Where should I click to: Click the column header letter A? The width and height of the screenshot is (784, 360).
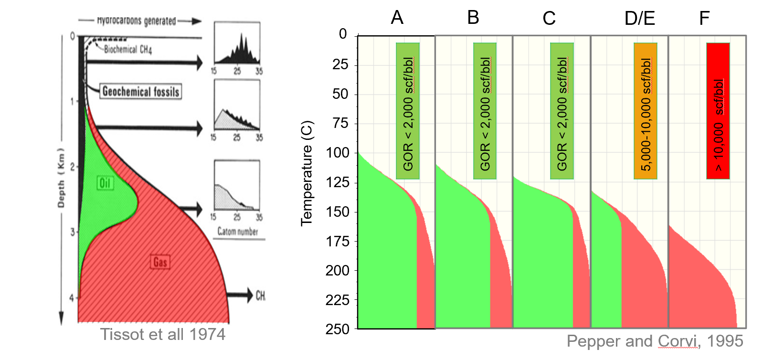(397, 18)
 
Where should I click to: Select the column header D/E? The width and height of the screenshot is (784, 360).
(639, 18)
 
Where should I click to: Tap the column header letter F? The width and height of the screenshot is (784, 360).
(704, 18)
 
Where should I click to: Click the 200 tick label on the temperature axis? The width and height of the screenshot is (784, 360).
(338, 271)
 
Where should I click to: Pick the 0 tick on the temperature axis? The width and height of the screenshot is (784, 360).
(343, 34)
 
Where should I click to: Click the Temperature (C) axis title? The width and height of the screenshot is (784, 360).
(307, 173)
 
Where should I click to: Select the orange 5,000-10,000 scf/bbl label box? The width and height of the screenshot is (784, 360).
(646, 111)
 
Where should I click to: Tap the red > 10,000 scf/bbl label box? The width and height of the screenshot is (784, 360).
(718, 111)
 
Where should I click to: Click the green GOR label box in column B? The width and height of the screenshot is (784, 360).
(485, 111)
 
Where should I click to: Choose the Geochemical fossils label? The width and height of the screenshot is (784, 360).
(141, 91)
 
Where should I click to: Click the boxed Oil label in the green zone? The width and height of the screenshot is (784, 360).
(105, 183)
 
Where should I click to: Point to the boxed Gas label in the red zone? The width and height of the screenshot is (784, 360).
(160, 262)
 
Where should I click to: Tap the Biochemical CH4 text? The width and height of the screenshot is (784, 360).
(127, 49)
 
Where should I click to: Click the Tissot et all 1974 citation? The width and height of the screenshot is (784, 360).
(163, 334)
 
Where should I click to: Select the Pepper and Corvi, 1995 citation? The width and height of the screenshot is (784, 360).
(655, 341)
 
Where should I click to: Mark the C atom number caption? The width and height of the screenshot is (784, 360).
(237, 232)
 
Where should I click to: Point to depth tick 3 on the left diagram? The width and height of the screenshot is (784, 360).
(73, 232)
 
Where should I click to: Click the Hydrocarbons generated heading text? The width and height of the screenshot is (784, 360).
(137, 21)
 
